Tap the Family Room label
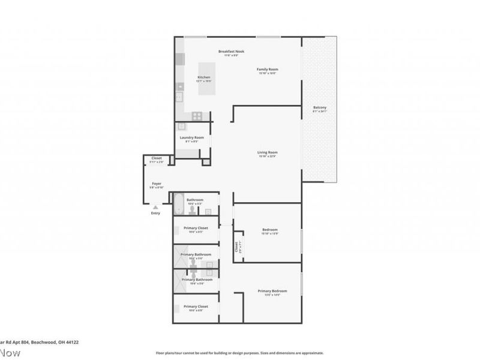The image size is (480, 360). pyautogui.click(x=268, y=70)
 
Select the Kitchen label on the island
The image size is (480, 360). pyautogui.click(x=204, y=77)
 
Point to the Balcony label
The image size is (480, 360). pyautogui.click(x=319, y=108)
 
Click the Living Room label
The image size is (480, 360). pyautogui.click(x=268, y=152)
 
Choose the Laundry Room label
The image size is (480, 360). pyautogui.click(x=192, y=137)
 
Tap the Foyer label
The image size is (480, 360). pyautogui.click(x=157, y=184)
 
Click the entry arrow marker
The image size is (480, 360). pyautogui.click(x=155, y=207)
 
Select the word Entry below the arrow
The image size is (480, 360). pyautogui.click(x=155, y=213)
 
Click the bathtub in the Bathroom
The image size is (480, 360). pyautogui.click(x=179, y=204)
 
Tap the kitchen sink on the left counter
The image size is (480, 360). pyautogui.click(x=179, y=97)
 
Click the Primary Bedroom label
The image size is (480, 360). pyautogui.click(x=269, y=291)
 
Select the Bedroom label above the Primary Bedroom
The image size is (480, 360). pyautogui.click(x=269, y=230)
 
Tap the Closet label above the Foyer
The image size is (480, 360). pyautogui.click(x=157, y=158)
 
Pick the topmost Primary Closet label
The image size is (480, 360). pyautogui.click(x=194, y=227)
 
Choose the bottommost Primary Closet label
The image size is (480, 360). pyautogui.click(x=194, y=306)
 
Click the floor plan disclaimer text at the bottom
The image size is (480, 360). pyautogui.click(x=240, y=353)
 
